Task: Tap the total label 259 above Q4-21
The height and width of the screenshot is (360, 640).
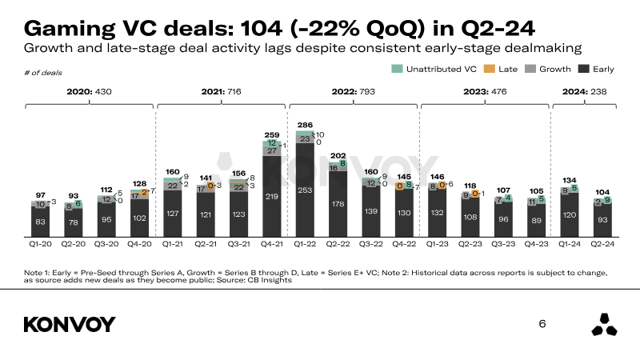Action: coord(272,135)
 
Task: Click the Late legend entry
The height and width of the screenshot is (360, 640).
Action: coord(501,70)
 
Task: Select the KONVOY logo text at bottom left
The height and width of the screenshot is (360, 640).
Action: coord(70,324)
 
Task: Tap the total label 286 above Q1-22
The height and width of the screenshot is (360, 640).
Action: coord(305,126)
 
